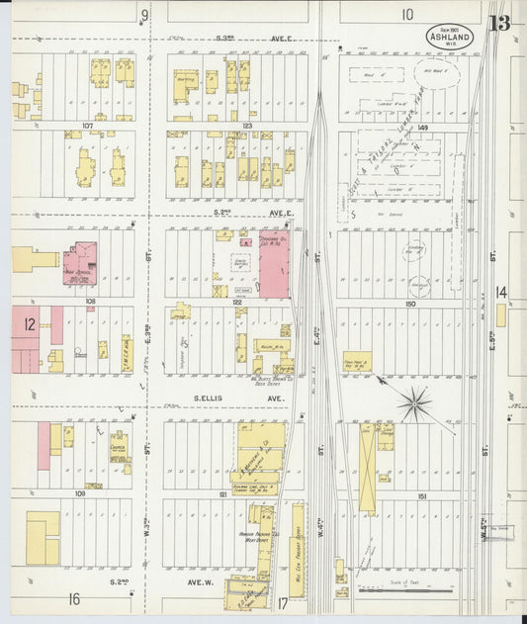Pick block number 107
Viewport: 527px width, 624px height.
coord(87,126)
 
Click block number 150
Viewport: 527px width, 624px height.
coord(408,305)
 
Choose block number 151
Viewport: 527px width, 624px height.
coord(421,496)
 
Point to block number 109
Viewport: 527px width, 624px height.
coord(79,491)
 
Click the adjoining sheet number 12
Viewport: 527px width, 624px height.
coord(31,323)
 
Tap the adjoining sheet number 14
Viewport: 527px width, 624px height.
coord(501,293)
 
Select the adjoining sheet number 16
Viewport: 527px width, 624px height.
coord(73,599)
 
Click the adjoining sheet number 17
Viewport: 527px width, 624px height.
coord(283,601)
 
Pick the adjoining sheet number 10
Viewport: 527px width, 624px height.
coord(407,14)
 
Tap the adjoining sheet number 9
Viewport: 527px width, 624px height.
coord(144,14)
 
